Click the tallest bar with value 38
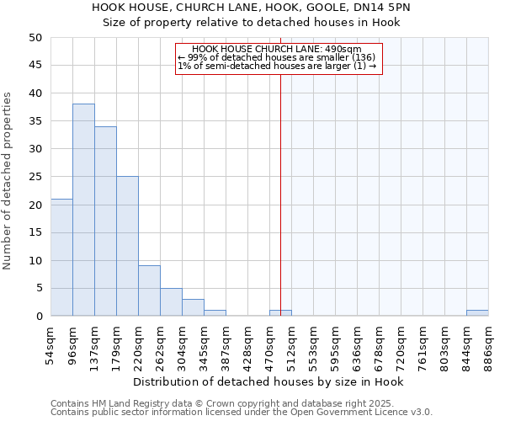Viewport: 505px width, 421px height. click(x=83, y=210)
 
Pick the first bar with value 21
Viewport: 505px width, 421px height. click(x=61, y=258)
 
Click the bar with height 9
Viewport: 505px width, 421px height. click(x=149, y=291)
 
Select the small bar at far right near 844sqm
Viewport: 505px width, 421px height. click(x=477, y=313)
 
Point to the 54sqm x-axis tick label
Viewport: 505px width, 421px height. click(x=51, y=345)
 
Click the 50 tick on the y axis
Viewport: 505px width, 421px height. click(x=35, y=38)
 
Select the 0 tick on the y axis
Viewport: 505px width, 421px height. click(x=38, y=317)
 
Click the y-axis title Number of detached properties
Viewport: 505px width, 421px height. click(x=8, y=180)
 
